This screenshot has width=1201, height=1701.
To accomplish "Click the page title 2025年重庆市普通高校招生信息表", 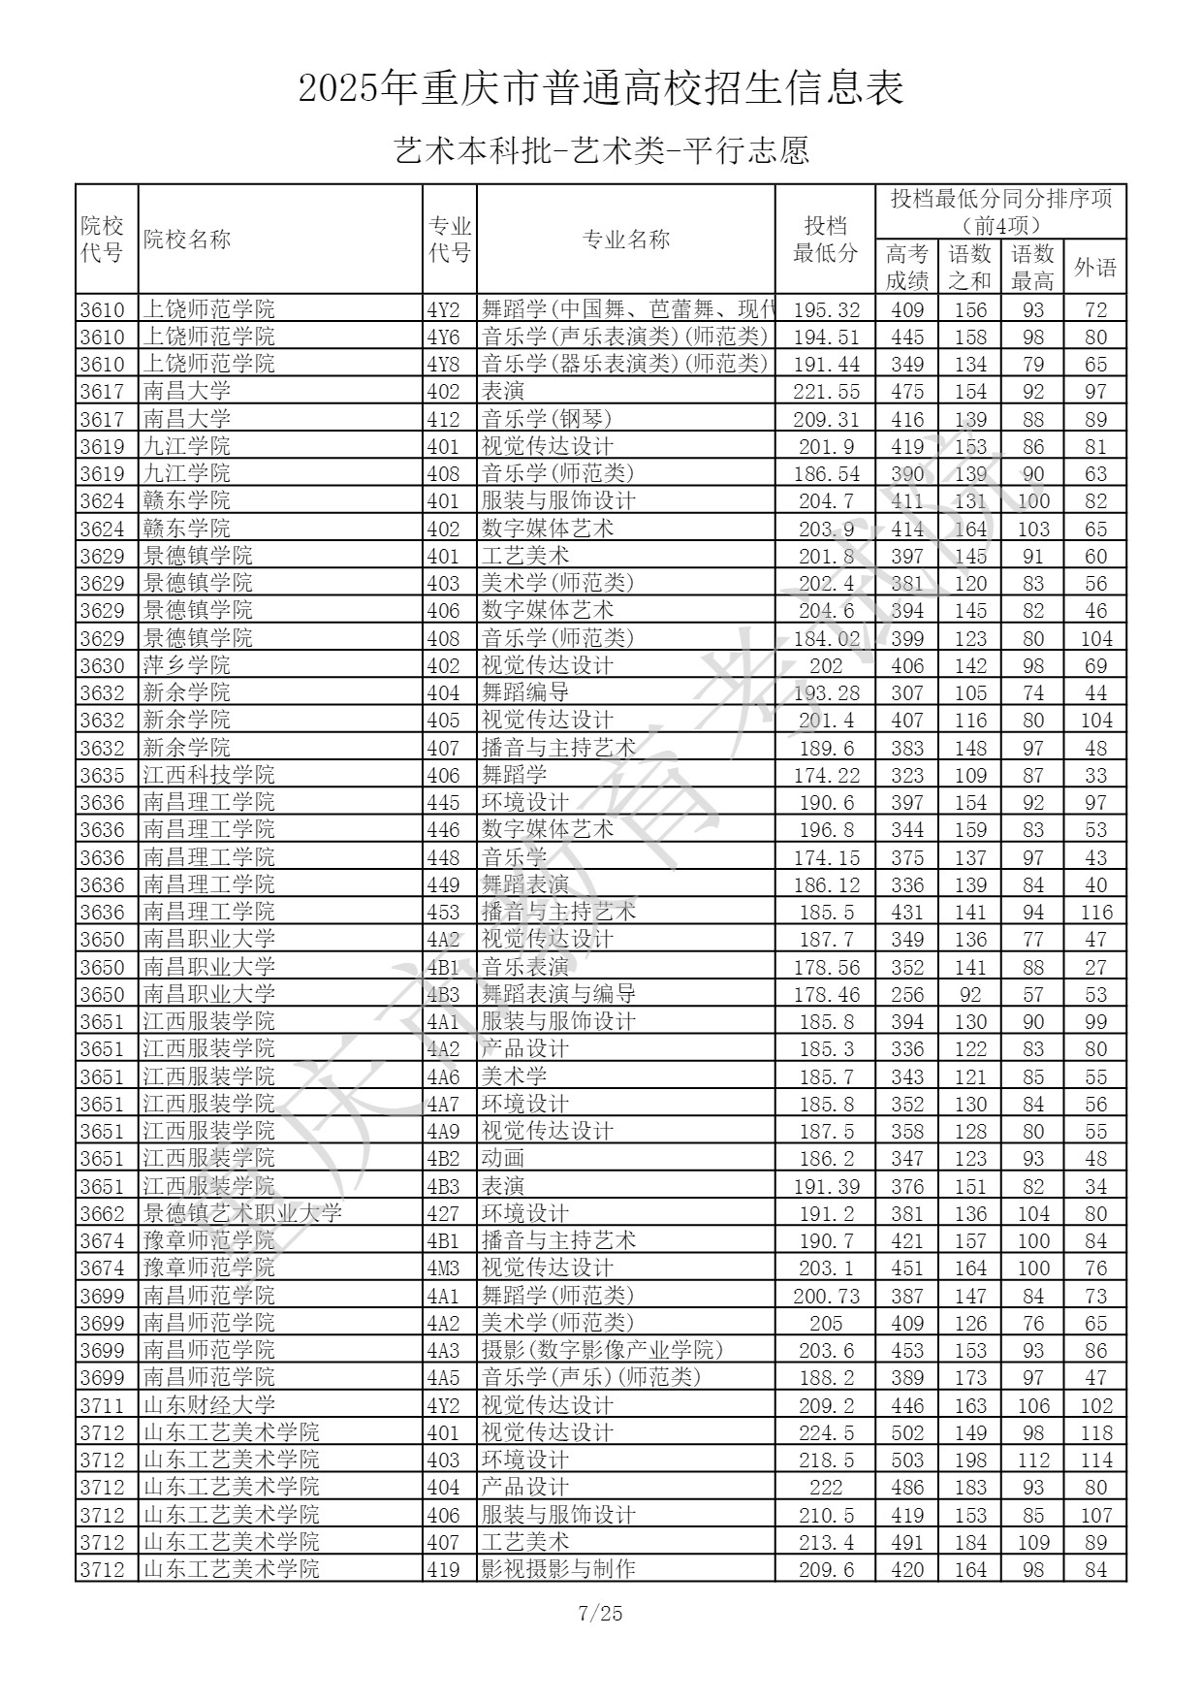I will tap(601, 89).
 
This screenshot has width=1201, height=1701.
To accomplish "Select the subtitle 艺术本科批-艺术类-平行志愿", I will tap(601, 151).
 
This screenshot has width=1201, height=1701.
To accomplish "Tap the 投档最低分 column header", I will tap(825, 240).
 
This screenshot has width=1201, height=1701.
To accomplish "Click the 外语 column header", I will tap(1094, 268).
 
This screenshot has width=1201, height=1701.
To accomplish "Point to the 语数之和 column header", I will tap(969, 268).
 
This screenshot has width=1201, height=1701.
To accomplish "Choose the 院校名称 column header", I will tap(187, 240).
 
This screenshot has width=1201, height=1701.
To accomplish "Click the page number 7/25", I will tap(600, 1614).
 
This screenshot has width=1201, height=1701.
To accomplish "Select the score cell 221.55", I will tap(826, 392).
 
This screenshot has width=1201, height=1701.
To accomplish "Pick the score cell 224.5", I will tap(826, 1432).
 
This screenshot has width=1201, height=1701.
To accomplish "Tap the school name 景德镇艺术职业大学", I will tap(242, 1213).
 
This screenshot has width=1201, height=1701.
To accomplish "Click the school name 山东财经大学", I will tap(209, 1405).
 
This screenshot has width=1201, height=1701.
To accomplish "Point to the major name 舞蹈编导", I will tap(525, 692).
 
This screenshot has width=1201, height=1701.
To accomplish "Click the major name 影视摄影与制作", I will tap(558, 1569).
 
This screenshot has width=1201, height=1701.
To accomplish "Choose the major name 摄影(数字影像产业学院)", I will tap(602, 1350).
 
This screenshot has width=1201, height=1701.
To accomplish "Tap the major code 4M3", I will tap(443, 1268).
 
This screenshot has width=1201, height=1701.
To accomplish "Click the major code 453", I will tap(443, 912).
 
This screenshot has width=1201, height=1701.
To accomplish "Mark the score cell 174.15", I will tap(826, 857).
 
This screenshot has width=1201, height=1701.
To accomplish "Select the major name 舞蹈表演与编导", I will tap(558, 994).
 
